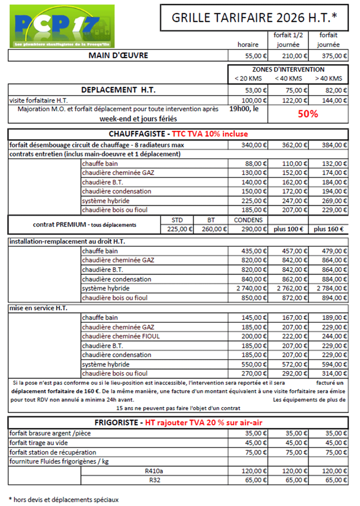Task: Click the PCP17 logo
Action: (62, 26)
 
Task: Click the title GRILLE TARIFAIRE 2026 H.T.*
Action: (254, 18)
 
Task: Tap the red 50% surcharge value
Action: (308, 114)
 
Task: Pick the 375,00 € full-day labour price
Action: (334, 56)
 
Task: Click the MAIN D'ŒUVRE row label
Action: (118, 56)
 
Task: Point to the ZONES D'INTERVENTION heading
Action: (288, 70)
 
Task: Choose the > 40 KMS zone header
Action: (328, 78)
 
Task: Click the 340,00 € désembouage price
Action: (254, 145)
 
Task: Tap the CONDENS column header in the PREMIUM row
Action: (248, 220)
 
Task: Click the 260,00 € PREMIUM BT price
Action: (214, 229)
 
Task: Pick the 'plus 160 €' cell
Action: (328, 229)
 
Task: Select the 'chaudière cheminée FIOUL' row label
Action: (121, 336)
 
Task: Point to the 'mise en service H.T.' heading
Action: (38, 308)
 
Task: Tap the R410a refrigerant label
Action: (154, 471)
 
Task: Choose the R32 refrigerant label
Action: (155, 480)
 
